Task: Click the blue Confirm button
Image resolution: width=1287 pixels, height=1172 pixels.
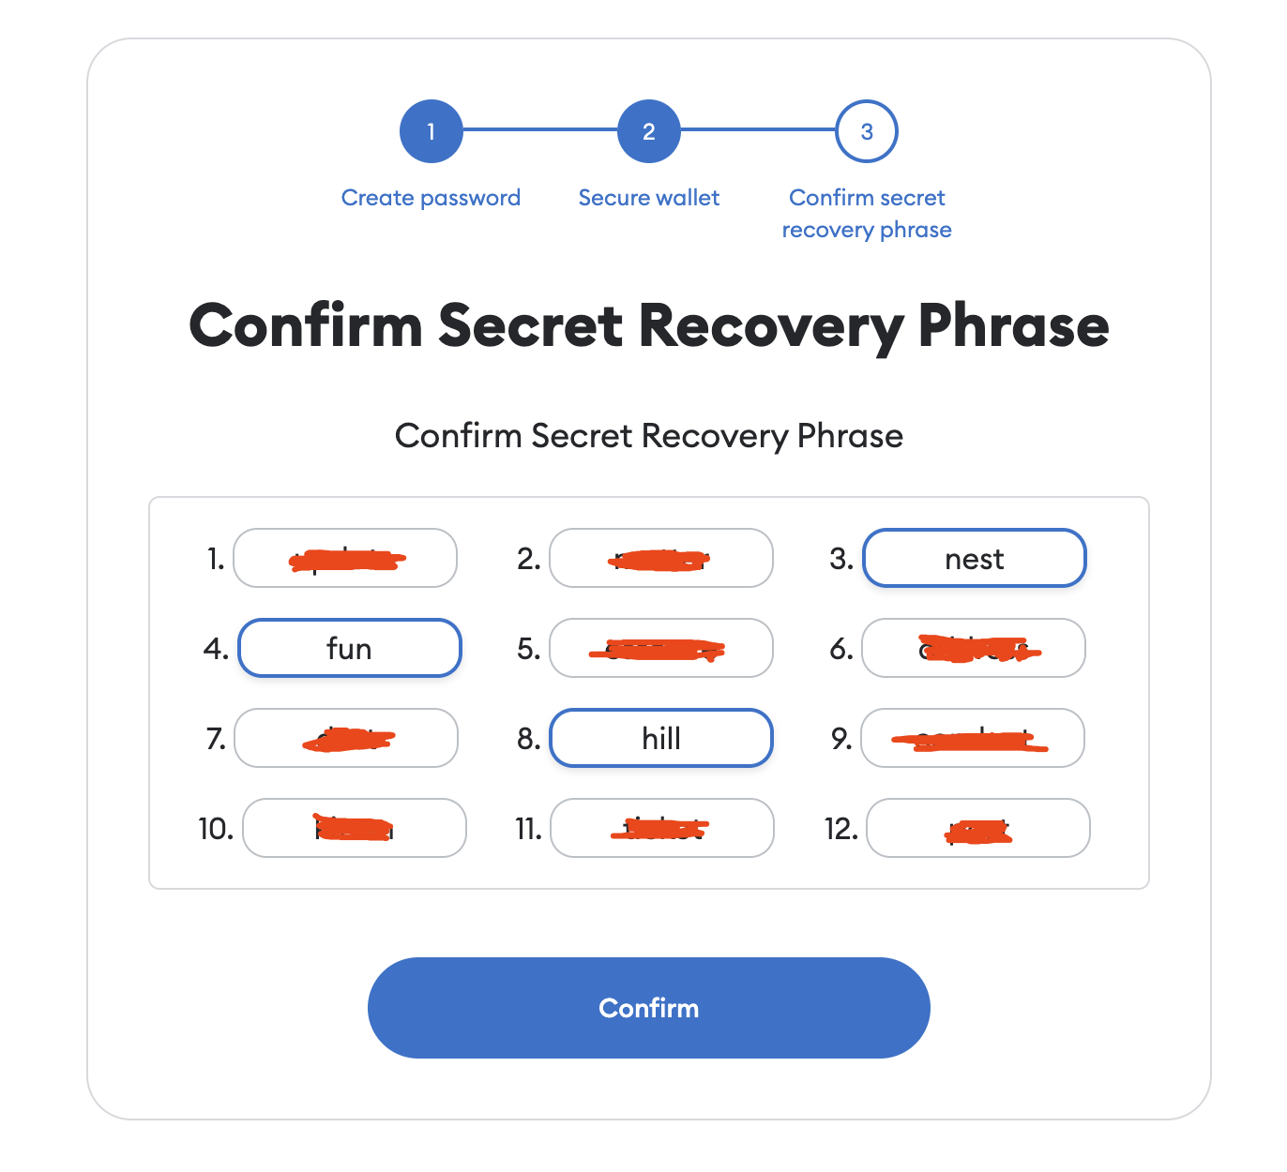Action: pyautogui.click(x=648, y=1008)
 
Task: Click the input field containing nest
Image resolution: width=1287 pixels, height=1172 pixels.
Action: pyautogui.click(x=974, y=559)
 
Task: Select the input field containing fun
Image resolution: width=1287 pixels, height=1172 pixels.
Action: pyautogui.click(x=349, y=648)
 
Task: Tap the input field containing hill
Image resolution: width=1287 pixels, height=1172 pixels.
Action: pyautogui.click(x=660, y=738)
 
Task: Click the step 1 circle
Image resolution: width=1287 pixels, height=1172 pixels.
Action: pyautogui.click(x=431, y=131)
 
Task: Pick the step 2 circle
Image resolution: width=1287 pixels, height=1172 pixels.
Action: pyautogui.click(x=648, y=131)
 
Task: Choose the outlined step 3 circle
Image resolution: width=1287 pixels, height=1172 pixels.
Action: pyautogui.click(x=866, y=131)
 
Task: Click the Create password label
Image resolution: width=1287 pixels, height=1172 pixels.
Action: pyautogui.click(x=431, y=198)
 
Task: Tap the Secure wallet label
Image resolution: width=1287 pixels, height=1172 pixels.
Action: pyautogui.click(x=648, y=198)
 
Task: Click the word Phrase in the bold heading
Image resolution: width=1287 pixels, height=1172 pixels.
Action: pyautogui.click(x=1013, y=325)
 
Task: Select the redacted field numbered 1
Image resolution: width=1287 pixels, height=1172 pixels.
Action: pyautogui.click(x=345, y=559)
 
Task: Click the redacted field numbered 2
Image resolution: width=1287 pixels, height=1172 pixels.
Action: pyautogui.click(x=660, y=559)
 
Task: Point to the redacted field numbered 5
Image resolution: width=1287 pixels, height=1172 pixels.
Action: pyautogui.click(x=660, y=648)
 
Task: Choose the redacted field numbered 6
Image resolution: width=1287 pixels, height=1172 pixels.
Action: pyautogui.click(x=974, y=648)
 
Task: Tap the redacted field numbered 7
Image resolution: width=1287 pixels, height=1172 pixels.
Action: pyautogui.click(x=345, y=738)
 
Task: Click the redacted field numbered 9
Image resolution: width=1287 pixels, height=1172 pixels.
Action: pyautogui.click(x=973, y=738)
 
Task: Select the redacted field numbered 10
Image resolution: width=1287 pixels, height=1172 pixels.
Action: pyautogui.click(x=354, y=828)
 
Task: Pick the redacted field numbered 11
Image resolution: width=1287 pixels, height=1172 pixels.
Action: pyautogui.click(x=661, y=828)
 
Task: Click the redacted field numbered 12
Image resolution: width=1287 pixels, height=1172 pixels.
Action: pyautogui.click(x=977, y=828)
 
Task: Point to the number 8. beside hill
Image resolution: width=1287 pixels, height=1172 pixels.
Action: pyautogui.click(x=528, y=739)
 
